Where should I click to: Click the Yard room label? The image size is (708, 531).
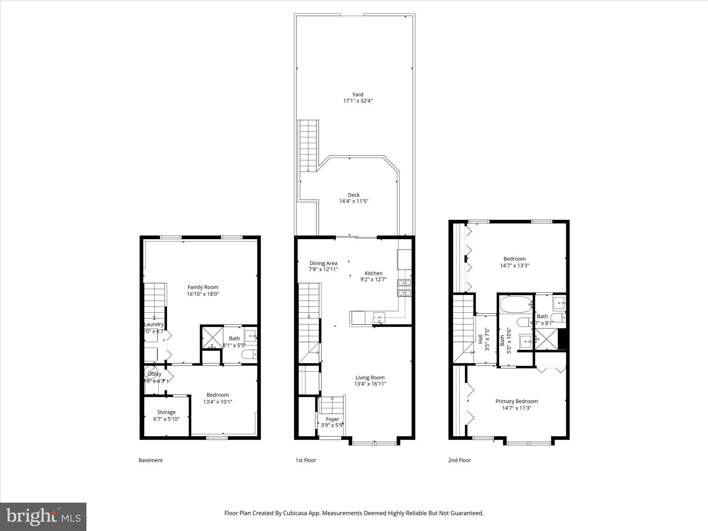(357, 94)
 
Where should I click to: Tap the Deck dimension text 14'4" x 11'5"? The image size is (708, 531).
(354, 201)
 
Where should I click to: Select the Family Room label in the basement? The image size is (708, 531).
(203, 287)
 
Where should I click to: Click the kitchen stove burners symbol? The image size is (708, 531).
(404, 288)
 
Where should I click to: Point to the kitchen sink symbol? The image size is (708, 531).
(379, 317)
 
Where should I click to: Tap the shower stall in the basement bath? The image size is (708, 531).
(212, 337)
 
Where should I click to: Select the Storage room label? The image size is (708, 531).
(166, 412)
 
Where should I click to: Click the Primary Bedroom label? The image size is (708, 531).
(516, 401)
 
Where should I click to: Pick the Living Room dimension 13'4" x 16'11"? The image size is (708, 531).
(370, 384)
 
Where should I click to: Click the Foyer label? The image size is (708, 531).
(332, 419)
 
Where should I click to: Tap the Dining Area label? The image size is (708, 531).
(323, 263)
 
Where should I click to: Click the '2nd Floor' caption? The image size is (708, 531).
(459, 460)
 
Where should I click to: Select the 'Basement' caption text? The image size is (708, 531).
(150, 460)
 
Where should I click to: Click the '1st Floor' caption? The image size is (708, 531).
(306, 460)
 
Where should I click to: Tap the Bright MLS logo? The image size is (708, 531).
(43, 516)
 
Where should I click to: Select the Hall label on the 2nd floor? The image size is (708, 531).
(480, 339)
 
